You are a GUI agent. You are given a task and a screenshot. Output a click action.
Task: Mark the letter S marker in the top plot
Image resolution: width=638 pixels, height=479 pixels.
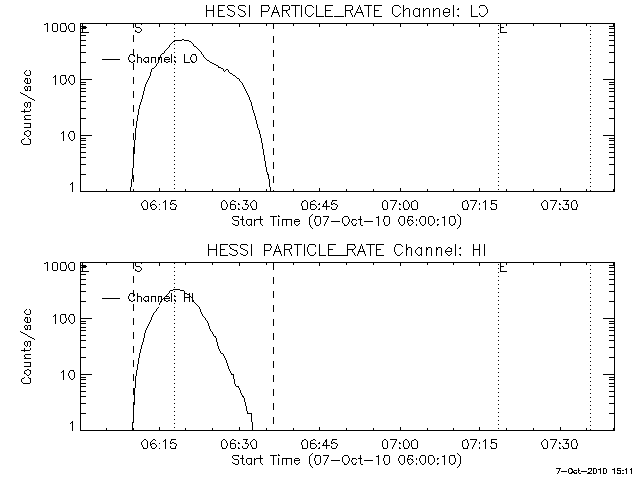pos(137,30)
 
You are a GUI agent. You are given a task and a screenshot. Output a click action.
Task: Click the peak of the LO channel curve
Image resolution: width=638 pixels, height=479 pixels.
pos(184,40)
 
